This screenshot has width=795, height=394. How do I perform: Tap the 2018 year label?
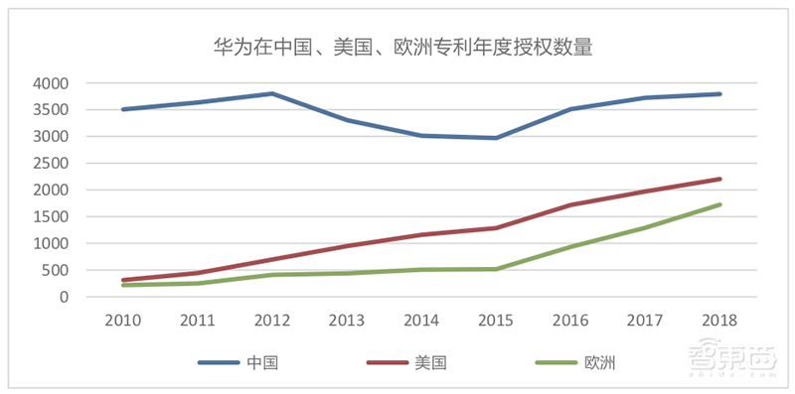point(718,320)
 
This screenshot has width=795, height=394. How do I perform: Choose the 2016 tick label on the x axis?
point(569,320)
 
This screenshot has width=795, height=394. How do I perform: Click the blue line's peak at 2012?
point(271,93)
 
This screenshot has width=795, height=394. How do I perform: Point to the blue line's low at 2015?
point(495,138)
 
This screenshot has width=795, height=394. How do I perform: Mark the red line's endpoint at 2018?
point(718,179)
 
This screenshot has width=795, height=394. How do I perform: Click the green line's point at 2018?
point(718,204)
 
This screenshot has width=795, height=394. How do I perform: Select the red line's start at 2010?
point(122,280)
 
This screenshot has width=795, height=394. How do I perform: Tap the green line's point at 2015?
point(495,269)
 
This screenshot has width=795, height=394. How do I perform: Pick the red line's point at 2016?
point(569,205)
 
